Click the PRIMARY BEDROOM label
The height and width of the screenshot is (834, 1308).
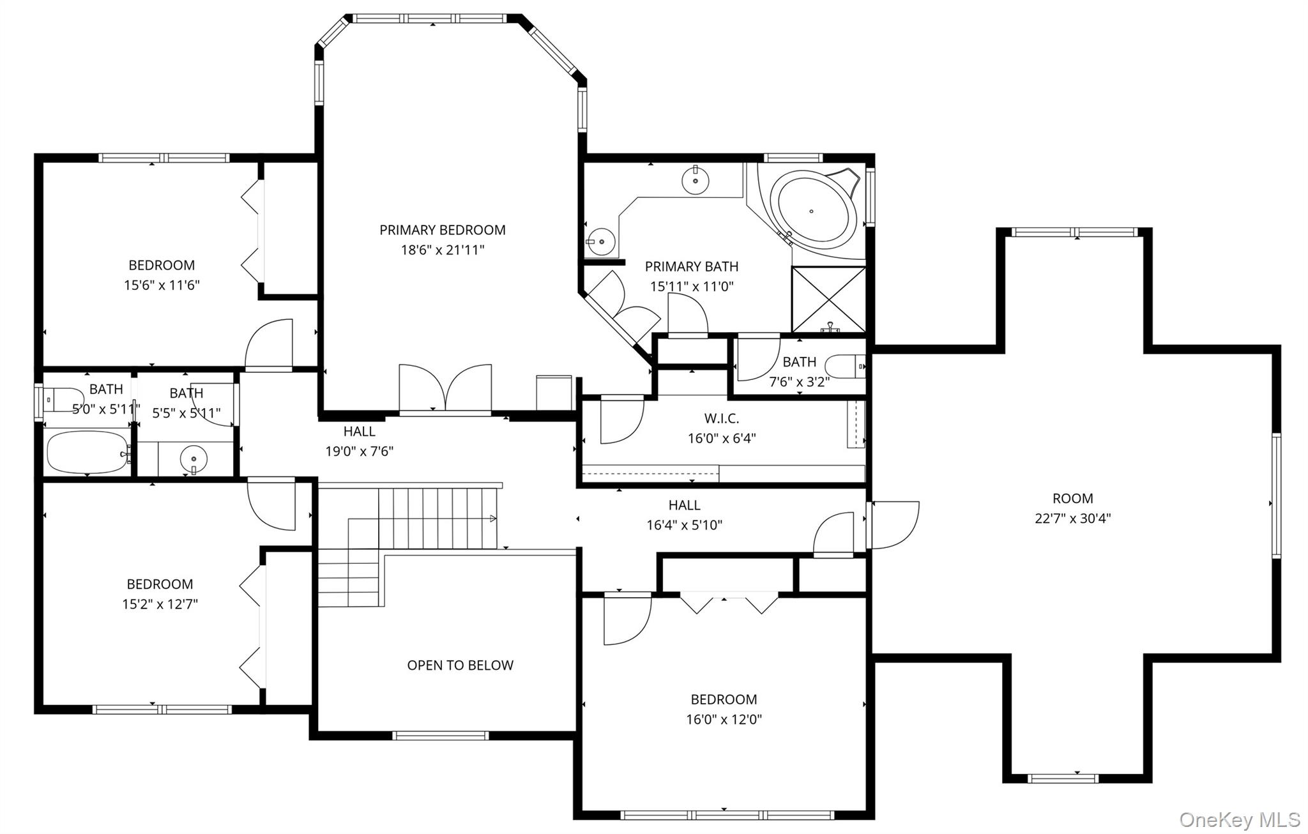click(442, 230)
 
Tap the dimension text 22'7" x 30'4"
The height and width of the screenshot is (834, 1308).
click(1072, 519)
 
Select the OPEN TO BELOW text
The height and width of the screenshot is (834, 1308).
click(460, 665)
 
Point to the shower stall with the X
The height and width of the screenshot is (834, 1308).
click(828, 299)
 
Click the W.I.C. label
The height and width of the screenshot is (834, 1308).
click(722, 419)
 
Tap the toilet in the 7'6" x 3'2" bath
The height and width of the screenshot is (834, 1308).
click(844, 367)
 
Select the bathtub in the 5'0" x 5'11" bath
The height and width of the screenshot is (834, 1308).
click(87, 452)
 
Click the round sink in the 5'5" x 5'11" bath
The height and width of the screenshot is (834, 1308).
click(194, 459)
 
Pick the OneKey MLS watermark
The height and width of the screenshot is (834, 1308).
click(1239, 819)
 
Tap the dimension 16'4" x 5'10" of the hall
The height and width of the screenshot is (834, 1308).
click(684, 525)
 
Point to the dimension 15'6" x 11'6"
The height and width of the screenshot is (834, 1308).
click(162, 285)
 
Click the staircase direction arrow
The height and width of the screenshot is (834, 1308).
click(492, 518)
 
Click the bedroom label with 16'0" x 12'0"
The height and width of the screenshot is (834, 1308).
click(724, 699)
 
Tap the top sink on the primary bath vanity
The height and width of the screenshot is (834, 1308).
click(694, 180)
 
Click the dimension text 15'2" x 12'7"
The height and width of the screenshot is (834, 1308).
click(160, 604)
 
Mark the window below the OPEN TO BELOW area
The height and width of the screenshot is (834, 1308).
click(441, 736)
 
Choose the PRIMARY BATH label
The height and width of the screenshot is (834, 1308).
click(691, 266)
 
